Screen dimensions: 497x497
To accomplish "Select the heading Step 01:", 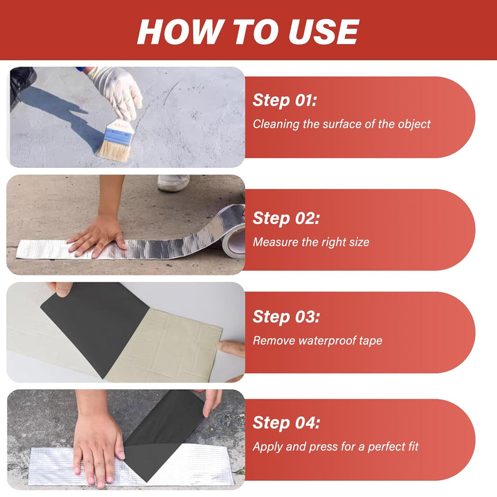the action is pyautogui.click(x=284, y=100).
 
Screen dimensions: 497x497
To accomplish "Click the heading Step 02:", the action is pyautogui.click(x=286, y=219).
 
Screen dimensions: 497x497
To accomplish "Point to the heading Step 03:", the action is pyautogui.click(x=286, y=317).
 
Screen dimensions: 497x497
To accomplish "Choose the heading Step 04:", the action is pyautogui.click(x=286, y=423).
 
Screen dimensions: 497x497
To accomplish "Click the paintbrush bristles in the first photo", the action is pyautogui.click(x=114, y=152).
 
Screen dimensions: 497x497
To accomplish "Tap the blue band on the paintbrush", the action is pyautogui.click(x=118, y=136).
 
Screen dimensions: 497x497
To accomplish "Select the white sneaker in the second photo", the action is pyautogui.click(x=173, y=182).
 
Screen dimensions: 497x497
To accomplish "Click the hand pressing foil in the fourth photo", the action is pyautogui.click(x=97, y=444).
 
